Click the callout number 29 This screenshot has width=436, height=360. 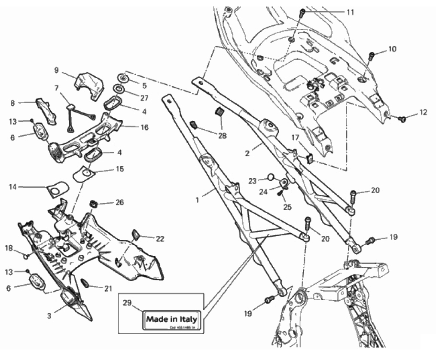click(127, 302)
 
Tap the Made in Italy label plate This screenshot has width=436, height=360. click(171, 320)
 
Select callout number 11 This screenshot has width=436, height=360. click(351, 12)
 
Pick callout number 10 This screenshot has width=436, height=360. click(392, 49)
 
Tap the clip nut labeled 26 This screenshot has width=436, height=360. click(92, 203)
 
